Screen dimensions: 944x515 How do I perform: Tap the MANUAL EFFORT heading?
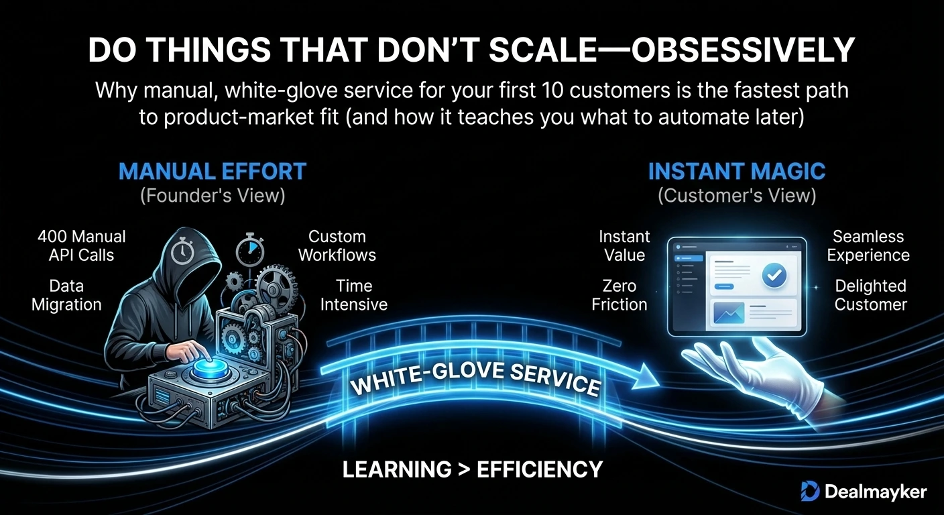coord(213,171)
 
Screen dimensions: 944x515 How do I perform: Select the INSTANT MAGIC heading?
coord(737,171)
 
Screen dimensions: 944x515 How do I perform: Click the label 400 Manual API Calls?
coord(81,245)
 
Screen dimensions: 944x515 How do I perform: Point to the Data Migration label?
coord(66,295)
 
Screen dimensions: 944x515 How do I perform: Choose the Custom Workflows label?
coord(337,245)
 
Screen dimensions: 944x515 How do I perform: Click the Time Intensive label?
coord(354,295)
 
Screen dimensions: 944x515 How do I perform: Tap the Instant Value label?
coord(625,245)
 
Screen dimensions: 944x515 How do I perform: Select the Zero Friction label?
coord(619,295)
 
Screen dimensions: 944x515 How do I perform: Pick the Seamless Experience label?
coord(868,245)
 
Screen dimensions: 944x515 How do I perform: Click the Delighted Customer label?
coord(871,295)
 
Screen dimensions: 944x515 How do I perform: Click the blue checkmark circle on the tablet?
coord(774,275)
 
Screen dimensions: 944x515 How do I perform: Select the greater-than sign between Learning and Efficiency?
coord(463,469)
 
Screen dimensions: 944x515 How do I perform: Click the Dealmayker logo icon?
coord(810,492)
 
